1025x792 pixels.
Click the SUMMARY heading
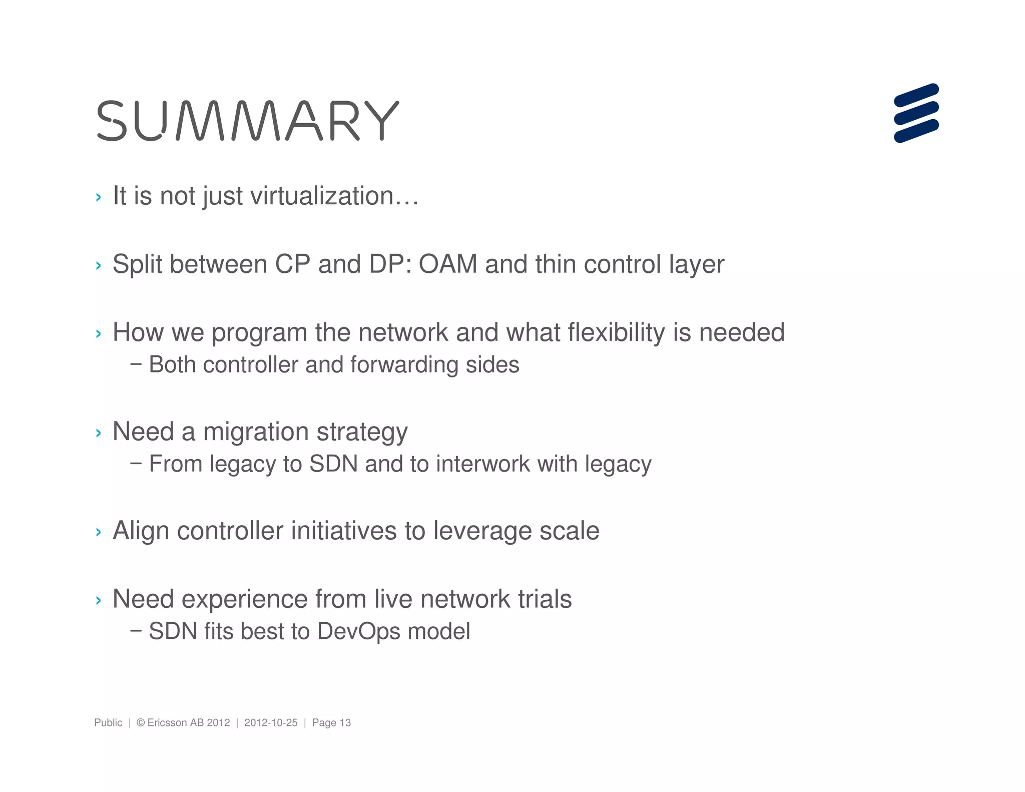(x=248, y=121)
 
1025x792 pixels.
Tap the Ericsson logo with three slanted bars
(x=916, y=113)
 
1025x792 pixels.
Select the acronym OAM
(x=448, y=264)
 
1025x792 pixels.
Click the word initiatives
(x=344, y=531)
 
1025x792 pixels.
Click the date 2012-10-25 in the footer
(x=271, y=722)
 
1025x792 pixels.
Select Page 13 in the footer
(x=331, y=722)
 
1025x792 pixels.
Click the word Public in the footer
(x=108, y=722)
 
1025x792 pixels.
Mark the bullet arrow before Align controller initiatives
(x=98, y=532)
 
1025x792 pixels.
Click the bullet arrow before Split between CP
(x=98, y=265)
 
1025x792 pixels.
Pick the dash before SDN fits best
(x=135, y=630)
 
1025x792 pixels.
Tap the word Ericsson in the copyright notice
(x=168, y=722)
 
